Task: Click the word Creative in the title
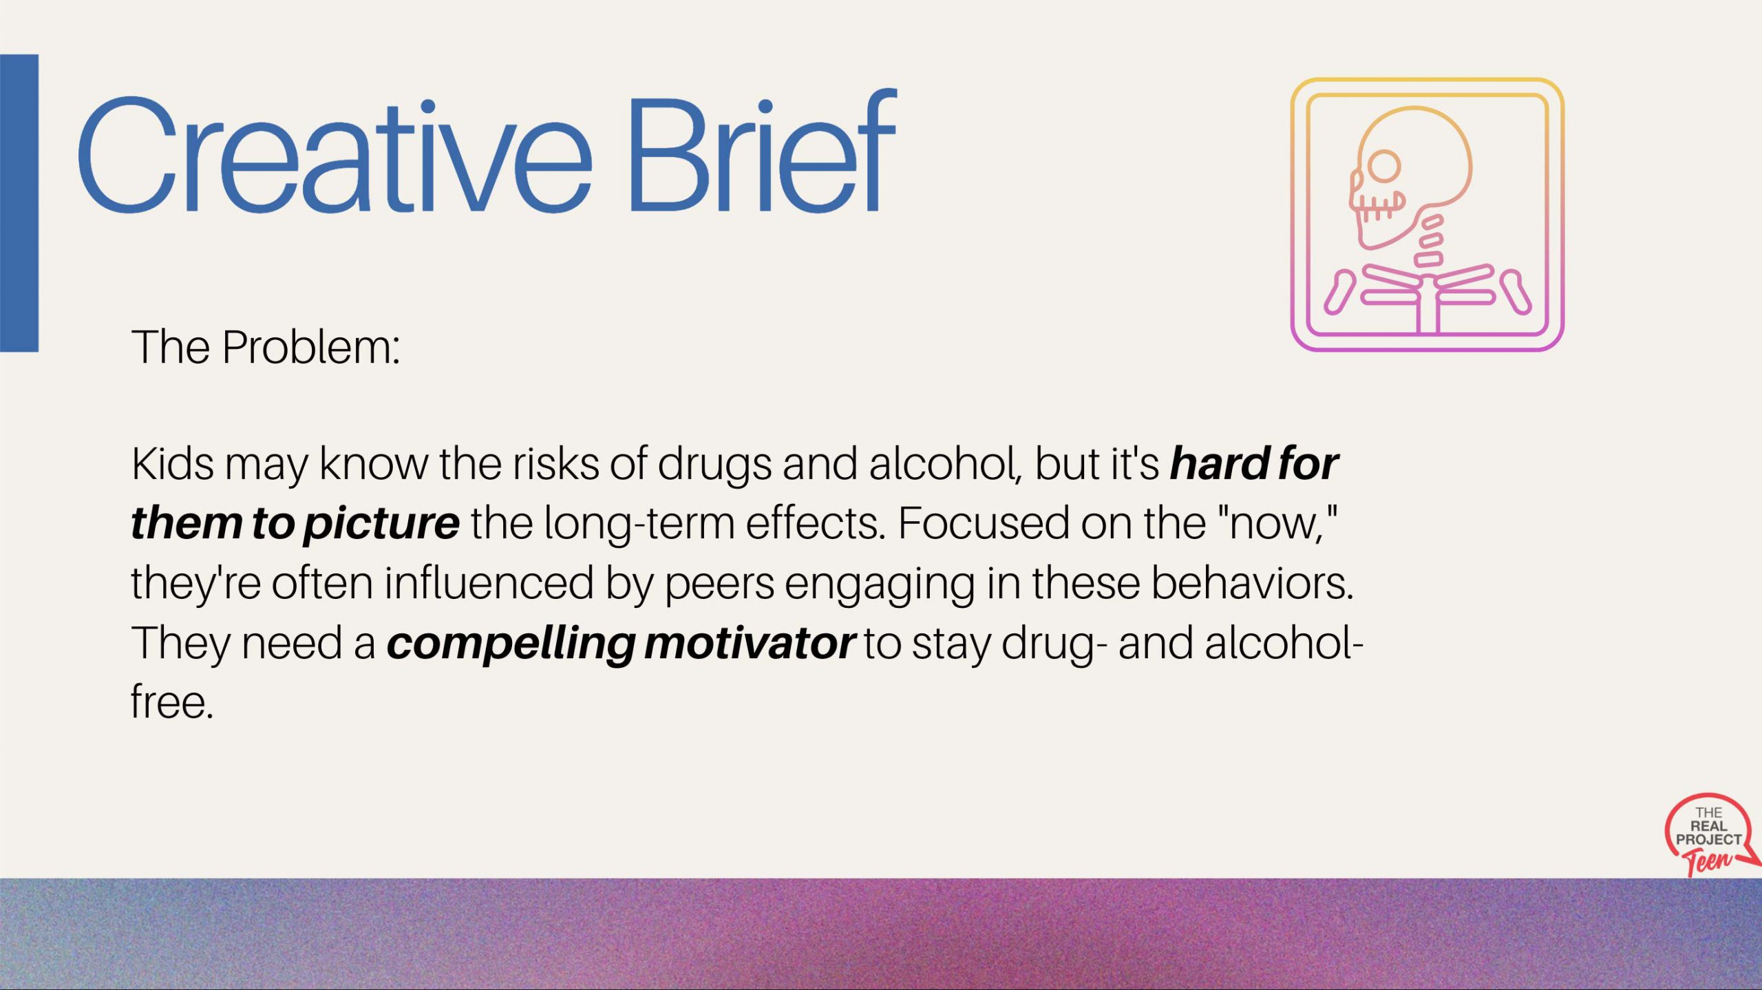335,156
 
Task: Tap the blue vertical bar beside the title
19,203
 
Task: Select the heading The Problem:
266,347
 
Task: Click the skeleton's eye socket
1383,167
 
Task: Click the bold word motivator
750,644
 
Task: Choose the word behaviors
1252,583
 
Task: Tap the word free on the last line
172,702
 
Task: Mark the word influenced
489,583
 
